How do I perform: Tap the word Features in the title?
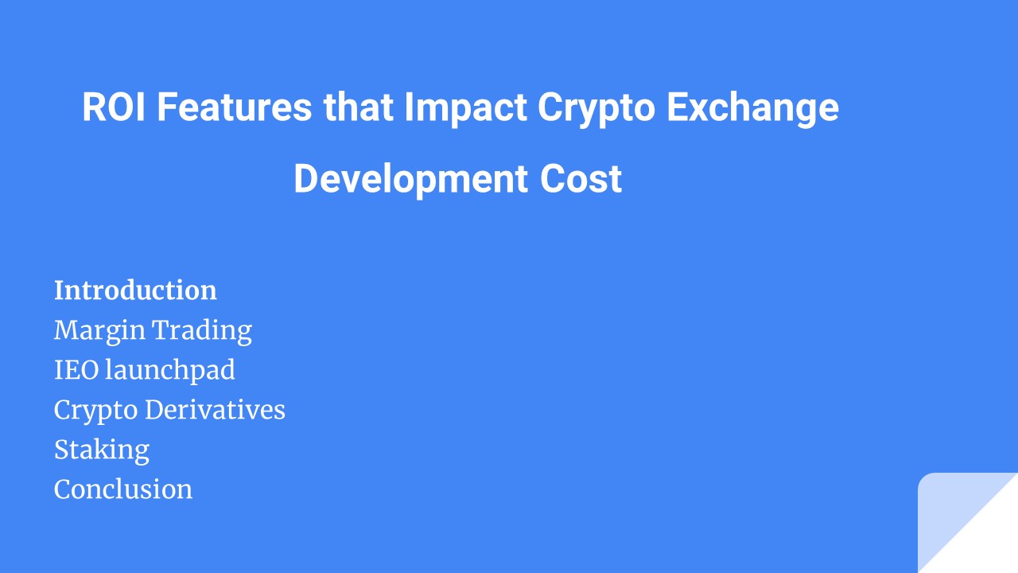(x=234, y=107)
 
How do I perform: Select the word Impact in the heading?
(x=465, y=107)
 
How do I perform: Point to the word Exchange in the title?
(x=752, y=109)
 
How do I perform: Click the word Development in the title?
(x=410, y=180)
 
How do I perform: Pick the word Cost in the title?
(x=581, y=179)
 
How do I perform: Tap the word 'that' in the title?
(x=358, y=107)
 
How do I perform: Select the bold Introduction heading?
(x=135, y=290)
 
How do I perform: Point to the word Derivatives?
(x=215, y=410)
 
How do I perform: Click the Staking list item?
(x=102, y=450)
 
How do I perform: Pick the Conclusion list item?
(x=123, y=489)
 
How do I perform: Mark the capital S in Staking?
(x=61, y=450)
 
